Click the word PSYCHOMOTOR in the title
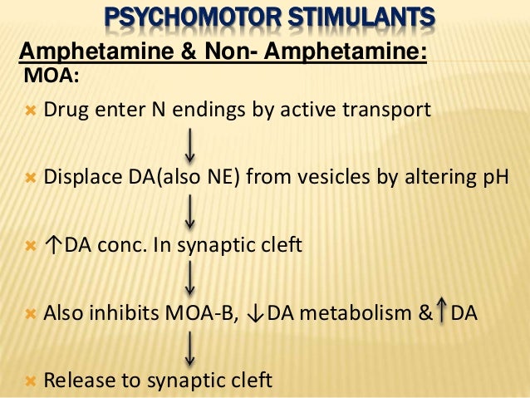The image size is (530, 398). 180,17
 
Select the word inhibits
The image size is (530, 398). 112,314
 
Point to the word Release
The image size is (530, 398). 76,382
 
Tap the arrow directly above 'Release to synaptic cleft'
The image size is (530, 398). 191,348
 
